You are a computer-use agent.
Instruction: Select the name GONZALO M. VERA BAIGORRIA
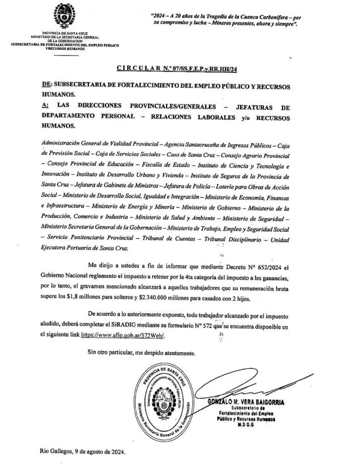[x=248, y=402]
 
